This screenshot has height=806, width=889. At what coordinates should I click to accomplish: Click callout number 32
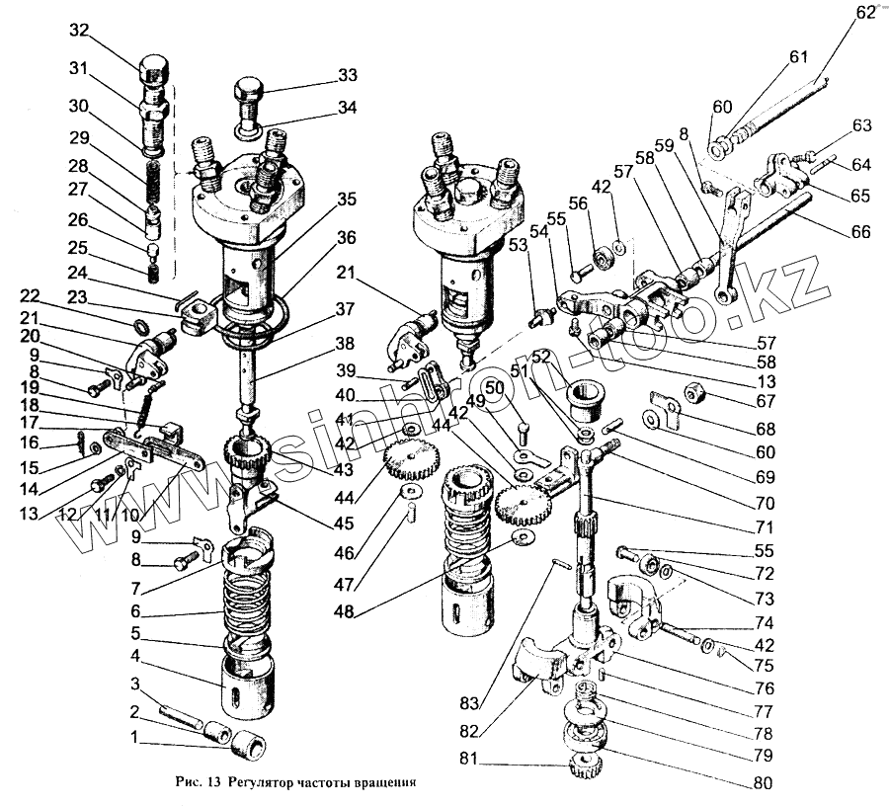pos(80,31)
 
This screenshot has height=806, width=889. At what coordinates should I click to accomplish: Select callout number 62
pos(866,13)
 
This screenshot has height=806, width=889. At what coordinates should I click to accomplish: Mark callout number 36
pos(346,238)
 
